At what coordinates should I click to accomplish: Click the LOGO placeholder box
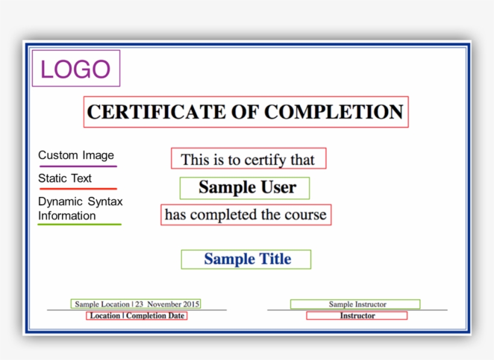(76, 69)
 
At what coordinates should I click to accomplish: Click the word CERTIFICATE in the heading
(150, 112)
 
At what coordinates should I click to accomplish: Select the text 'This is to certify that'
(248, 160)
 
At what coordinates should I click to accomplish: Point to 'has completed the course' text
(246, 215)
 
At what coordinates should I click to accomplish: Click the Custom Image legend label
(76, 155)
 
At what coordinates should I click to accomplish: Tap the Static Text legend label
(65, 178)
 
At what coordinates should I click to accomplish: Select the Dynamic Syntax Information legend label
(80, 208)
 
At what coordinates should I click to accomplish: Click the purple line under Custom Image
(78, 166)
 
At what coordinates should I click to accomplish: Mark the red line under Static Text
(78, 189)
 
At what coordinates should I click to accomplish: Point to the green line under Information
(80, 225)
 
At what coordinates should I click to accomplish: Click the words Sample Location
(102, 304)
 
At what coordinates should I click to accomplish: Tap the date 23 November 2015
(167, 304)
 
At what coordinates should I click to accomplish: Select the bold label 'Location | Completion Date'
(137, 315)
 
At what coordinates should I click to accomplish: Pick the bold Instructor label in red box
(357, 315)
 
